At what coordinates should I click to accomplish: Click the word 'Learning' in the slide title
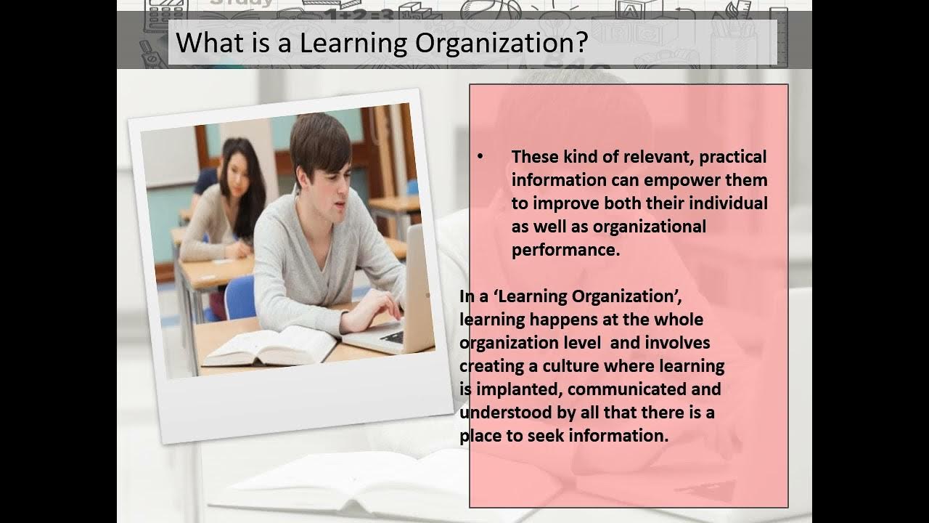click(x=353, y=43)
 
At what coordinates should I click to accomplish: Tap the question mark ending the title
click(x=583, y=41)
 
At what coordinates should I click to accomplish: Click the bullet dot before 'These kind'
click(x=480, y=157)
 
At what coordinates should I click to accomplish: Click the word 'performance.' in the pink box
click(x=565, y=251)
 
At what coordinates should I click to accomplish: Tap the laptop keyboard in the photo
click(x=393, y=336)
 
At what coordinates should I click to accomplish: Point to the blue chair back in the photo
click(x=240, y=298)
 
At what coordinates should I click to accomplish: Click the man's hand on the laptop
click(x=375, y=309)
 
